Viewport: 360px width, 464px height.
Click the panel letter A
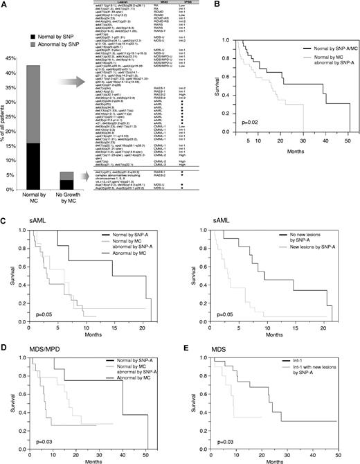(x=6, y=6)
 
